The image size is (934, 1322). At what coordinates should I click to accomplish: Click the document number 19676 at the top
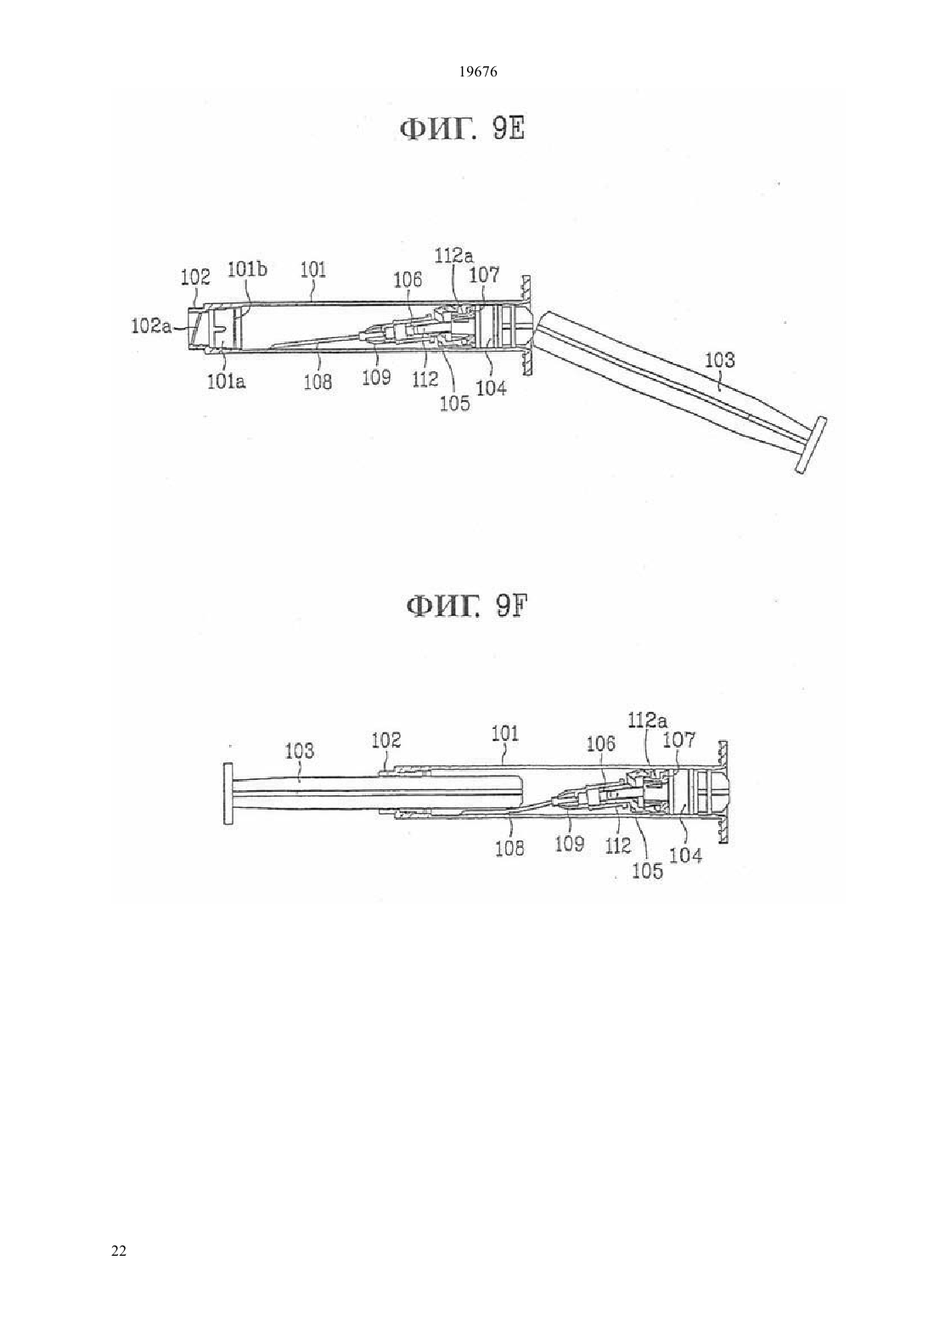click(477, 72)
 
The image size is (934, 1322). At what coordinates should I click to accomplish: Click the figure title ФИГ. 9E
click(462, 128)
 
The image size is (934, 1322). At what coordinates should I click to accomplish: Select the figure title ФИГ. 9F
click(466, 606)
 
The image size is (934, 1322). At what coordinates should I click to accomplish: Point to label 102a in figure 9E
click(150, 326)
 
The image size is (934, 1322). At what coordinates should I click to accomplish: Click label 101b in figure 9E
click(247, 269)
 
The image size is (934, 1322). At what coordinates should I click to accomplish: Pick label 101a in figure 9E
click(227, 381)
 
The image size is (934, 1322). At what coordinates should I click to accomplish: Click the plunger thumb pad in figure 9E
click(810, 444)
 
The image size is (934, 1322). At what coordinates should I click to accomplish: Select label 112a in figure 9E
click(454, 256)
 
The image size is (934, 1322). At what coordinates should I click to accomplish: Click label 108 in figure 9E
click(318, 381)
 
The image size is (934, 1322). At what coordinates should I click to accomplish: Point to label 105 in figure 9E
click(455, 403)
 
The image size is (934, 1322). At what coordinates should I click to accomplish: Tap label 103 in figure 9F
click(300, 751)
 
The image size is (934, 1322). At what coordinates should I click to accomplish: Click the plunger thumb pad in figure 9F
click(228, 794)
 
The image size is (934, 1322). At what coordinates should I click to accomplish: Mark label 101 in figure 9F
click(505, 733)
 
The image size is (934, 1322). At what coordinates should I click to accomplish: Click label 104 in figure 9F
click(687, 856)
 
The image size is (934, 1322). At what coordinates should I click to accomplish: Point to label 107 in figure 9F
click(680, 739)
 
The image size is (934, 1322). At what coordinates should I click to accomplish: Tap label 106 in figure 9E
click(408, 280)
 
